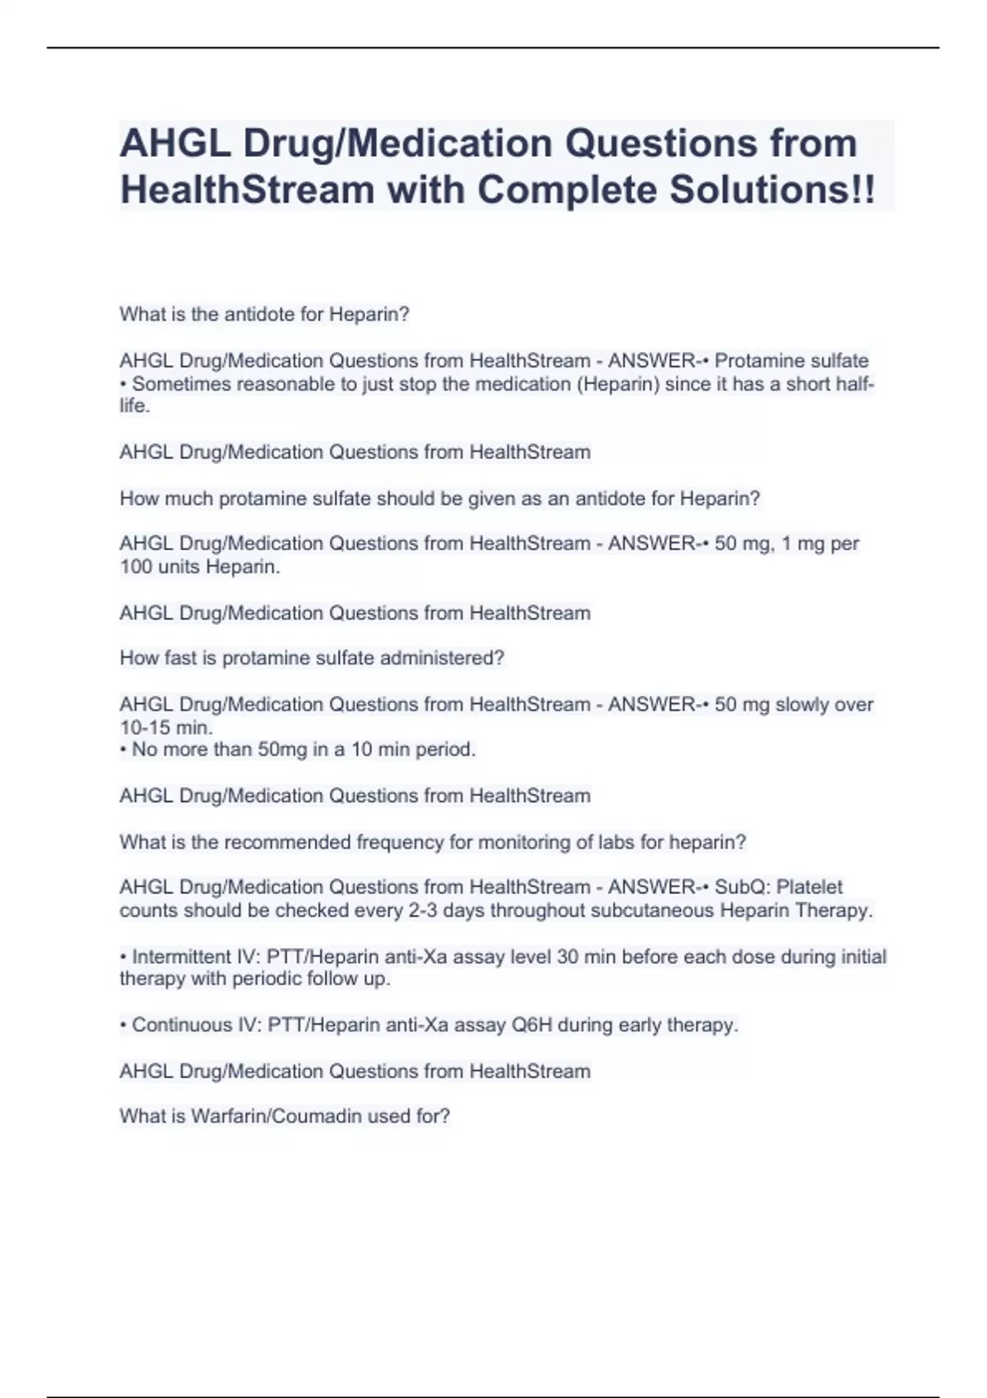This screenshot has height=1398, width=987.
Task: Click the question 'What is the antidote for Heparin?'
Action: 264,314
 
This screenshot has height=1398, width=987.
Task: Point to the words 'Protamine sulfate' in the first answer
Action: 791,361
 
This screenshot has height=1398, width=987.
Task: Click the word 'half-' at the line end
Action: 855,384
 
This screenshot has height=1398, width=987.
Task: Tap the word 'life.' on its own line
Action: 135,405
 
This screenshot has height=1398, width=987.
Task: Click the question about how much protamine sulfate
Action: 439,498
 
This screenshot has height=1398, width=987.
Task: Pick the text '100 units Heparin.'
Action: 200,567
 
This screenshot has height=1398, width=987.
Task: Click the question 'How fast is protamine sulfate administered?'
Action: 312,658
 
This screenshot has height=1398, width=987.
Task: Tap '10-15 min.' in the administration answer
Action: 166,727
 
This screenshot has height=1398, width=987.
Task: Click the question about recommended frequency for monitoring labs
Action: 433,842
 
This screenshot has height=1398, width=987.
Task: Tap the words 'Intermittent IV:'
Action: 197,956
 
